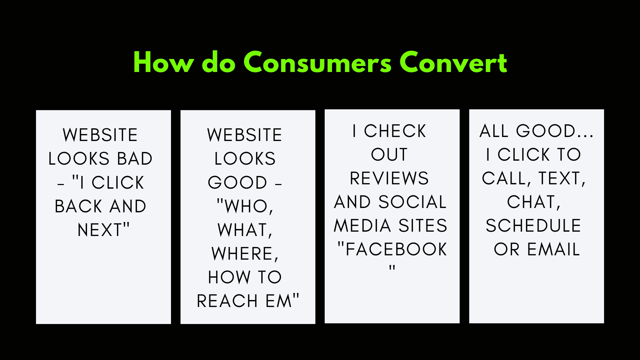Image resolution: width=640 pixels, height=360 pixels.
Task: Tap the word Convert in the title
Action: pos(453,62)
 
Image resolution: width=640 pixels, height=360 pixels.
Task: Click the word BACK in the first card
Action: pos(78,206)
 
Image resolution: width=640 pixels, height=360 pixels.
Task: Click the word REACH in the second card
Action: pos(227,301)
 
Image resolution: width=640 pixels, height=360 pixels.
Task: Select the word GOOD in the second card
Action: pos(237,182)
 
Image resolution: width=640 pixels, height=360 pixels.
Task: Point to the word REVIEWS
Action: pos(389,178)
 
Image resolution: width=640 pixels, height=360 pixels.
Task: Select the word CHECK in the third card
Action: pos(395,131)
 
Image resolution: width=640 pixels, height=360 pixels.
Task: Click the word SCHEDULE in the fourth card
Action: pos(533,226)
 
